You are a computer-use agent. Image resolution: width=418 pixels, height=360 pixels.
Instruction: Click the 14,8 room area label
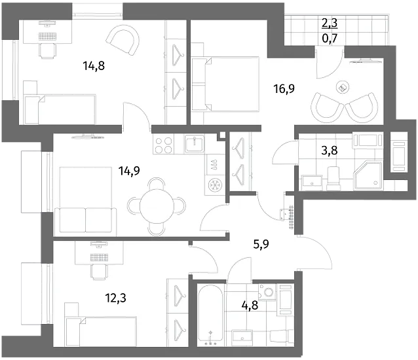click(x=94, y=65)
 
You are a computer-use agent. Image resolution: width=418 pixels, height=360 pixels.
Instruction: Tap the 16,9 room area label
click(x=284, y=88)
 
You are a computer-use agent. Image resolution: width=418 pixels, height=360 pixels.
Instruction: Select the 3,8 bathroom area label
click(x=330, y=151)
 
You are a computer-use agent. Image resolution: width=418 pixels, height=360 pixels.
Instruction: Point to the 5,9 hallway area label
click(x=261, y=244)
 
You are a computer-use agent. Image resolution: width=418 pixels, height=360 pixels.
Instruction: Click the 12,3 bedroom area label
click(x=116, y=298)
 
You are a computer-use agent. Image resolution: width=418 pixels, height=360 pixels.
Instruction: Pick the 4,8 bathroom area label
click(x=250, y=305)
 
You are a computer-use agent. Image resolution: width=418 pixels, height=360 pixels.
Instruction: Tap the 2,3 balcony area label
click(x=330, y=23)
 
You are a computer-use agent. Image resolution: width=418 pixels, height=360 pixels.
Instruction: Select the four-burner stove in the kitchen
click(x=163, y=144)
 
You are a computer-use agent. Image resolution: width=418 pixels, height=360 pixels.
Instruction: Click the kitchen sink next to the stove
click(x=195, y=144)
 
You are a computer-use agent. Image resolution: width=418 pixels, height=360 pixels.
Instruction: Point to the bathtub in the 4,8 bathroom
click(x=210, y=315)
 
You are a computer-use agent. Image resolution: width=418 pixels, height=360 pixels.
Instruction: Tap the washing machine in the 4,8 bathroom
click(x=267, y=292)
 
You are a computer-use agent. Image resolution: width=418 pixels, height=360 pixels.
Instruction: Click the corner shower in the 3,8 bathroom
click(x=368, y=175)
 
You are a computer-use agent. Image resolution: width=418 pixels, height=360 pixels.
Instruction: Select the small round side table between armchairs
click(x=343, y=87)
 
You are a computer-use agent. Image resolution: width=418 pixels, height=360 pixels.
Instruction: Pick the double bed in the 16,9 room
click(x=225, y=84)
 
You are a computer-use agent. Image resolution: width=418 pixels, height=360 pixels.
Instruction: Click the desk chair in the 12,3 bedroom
click(x=100, y=272)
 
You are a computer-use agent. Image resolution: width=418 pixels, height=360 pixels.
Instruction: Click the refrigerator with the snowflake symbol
click(x=215, y=185)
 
